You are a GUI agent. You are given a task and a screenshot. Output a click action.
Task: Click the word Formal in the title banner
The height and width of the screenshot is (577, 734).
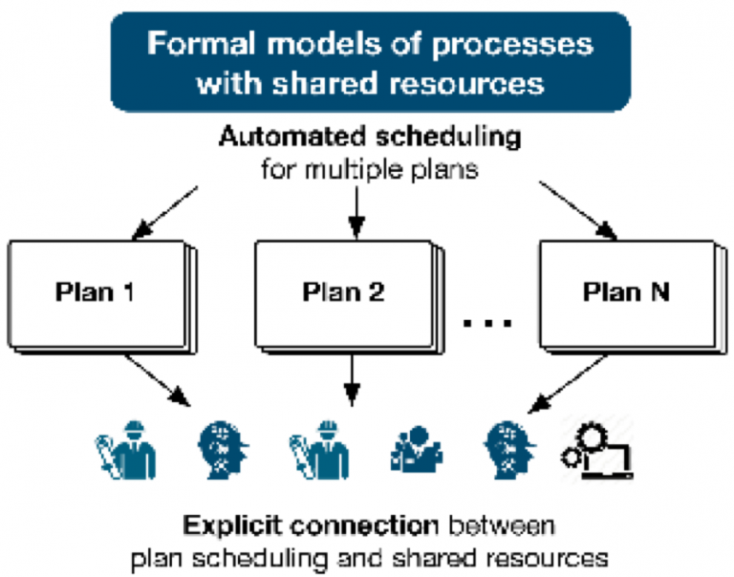pos(203,43)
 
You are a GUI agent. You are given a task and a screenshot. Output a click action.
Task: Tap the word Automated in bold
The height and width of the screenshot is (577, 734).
pos(292,137)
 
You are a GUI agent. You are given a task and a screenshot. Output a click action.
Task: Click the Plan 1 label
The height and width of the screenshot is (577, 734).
pos(95,292)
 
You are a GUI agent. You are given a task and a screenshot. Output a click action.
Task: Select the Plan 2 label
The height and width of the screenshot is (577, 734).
pos(344,292)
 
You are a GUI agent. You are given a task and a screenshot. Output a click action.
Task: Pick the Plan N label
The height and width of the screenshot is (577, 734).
pos(626,292)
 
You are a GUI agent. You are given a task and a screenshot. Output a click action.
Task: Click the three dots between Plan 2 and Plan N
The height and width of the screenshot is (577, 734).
pos(487,323)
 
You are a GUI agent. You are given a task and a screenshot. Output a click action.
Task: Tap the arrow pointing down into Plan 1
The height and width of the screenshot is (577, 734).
pos(164,213)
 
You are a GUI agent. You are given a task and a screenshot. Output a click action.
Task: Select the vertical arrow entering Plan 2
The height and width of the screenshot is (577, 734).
pos(356,212)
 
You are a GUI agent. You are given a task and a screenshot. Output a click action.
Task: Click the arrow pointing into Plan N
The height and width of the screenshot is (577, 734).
pos(578,210)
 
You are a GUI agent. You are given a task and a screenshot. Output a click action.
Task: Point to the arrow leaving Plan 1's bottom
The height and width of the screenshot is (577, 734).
pos(158,380)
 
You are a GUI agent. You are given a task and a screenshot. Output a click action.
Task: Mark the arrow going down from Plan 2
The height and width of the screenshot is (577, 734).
pos(352,380)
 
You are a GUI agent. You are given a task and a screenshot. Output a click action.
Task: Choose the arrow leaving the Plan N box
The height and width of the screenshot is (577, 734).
pos(568,384)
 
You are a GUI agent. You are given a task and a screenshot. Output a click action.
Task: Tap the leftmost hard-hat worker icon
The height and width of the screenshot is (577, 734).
pos(126,450)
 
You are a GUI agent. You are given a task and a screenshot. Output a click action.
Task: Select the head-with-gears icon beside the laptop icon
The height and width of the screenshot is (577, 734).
pos(509,450)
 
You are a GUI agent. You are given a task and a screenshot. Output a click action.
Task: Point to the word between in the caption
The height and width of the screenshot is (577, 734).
pos(502,525)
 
